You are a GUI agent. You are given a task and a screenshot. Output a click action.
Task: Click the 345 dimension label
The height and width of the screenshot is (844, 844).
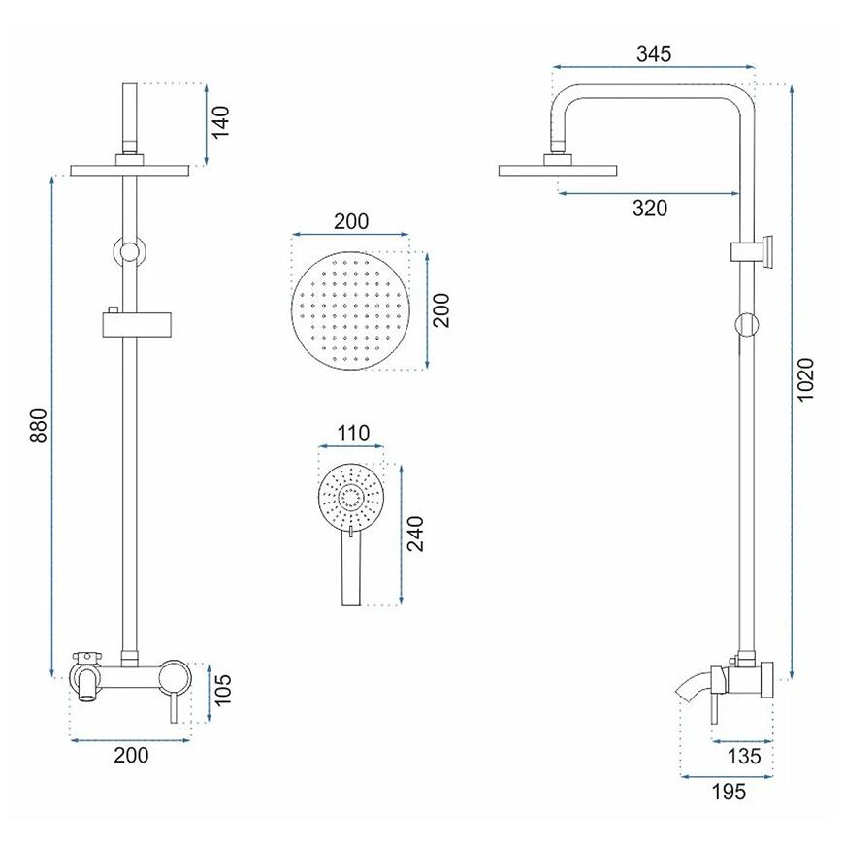(654, 53)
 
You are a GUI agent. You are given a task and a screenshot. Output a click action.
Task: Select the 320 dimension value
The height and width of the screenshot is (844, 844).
(650, 208)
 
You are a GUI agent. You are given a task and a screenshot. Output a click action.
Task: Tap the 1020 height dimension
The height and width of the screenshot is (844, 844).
(806, 379)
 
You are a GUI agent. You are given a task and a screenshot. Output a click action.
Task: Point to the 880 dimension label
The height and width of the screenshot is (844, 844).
(38, 426)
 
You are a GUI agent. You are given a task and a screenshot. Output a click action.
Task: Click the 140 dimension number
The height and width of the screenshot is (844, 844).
(220, 121)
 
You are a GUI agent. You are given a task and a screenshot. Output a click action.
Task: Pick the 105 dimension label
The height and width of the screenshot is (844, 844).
(221, 690)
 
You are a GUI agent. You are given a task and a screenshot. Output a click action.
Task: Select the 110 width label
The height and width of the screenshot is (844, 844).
(353, 434)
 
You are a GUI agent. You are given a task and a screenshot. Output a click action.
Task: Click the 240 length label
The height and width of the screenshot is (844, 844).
(415, 534)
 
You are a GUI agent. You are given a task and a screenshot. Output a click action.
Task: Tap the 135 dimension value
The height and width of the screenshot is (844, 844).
(744, 757)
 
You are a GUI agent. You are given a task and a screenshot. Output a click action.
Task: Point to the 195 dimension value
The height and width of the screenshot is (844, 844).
(730, 792)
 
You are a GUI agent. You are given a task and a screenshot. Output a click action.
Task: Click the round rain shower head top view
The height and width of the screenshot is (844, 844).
(350, 311)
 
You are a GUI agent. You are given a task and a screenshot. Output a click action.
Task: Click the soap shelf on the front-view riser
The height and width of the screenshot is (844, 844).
(140, 324)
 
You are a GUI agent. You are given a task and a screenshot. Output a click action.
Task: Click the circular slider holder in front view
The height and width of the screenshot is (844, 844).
(129, 251)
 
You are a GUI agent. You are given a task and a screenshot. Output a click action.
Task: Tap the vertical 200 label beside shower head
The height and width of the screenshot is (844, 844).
(440, 310)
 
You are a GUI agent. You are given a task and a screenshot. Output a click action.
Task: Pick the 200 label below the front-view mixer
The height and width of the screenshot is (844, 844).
(131, 755)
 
